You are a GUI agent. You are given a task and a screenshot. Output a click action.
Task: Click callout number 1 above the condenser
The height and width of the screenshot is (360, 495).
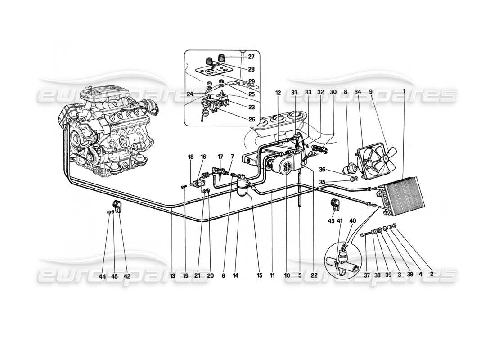click(404, 92)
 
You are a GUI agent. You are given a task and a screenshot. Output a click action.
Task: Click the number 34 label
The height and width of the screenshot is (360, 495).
click(358, 92)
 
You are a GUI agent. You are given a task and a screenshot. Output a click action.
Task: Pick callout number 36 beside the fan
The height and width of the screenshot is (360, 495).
click(334, 169)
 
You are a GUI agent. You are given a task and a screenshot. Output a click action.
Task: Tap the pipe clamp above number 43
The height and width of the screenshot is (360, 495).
click(335, 204)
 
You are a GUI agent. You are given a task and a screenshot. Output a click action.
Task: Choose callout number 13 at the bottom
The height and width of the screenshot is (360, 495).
click(172, 276)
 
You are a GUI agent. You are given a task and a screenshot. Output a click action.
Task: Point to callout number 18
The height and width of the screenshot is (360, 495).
click(191, 157)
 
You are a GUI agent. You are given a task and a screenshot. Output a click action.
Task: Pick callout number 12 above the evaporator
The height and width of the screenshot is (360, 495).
click(278, 93)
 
